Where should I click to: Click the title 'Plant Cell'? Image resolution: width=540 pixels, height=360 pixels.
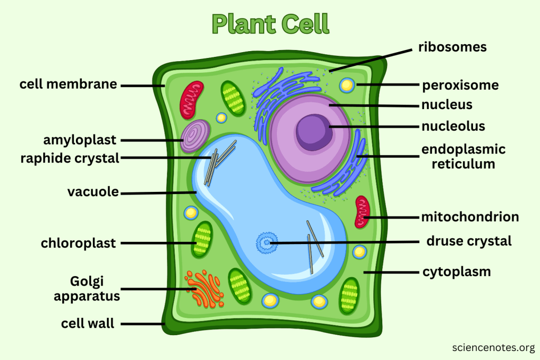click(270, 24)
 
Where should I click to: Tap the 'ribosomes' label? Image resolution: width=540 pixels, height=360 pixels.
click(452, 47)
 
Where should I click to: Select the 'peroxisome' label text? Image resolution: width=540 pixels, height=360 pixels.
click(460, 85)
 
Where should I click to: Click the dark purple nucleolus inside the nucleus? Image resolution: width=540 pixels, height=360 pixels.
click(314, 131)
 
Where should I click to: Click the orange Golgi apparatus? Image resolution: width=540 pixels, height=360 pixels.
click(202, 289)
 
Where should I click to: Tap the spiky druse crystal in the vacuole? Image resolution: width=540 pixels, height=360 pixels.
click(266, 242)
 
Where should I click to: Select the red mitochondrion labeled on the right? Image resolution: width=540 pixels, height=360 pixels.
click(362, 211)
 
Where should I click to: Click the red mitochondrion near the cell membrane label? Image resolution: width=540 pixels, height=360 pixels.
click(191, 100)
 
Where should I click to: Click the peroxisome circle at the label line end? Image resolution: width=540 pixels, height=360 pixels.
click(347, 84)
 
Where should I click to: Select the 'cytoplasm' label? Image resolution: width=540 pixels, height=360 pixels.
click(457, 272)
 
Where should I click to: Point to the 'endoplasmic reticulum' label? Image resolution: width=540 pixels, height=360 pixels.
click(463, 157)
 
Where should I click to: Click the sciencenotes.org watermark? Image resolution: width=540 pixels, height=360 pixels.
click(494, 347)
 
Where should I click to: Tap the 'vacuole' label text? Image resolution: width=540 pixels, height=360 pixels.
click(93, 192)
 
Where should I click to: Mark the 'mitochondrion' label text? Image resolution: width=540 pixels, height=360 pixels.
click(470, 217)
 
